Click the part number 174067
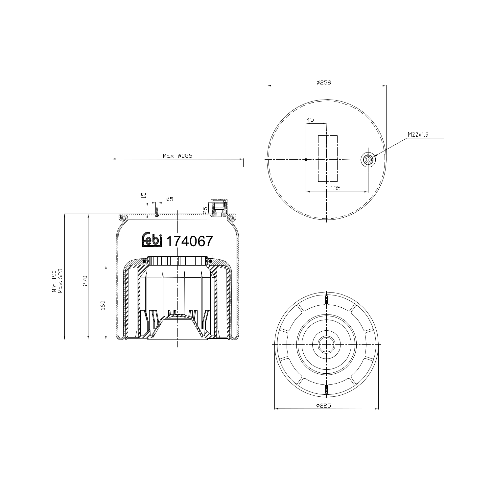(x=190, y=242)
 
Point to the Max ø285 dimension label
(x=177, y=156)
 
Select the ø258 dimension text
(x=324, y=83)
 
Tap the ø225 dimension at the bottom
(x=324, y=406)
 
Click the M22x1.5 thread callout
(x=418, y=135)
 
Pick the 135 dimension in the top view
(x=335, y=188)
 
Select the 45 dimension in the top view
(x=310, y=120)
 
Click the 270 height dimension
(x=85, y=280)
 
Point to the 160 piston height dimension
(x=103, y=305)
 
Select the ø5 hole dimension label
(x=170, y=199)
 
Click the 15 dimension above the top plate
(x=143, y=195)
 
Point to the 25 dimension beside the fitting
(x=205, y=210)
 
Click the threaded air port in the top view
(x=368, y=160)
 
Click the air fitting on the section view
(x=218, y=208)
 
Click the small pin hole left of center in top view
(x=306, y=160)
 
